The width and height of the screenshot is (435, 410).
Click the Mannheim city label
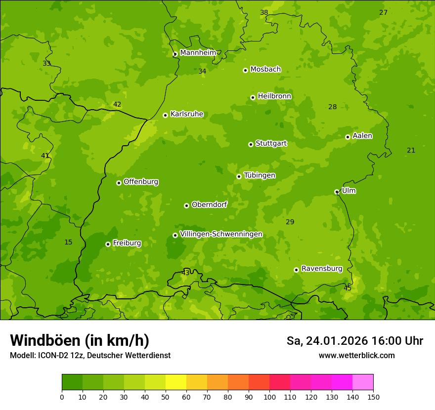(198, 53)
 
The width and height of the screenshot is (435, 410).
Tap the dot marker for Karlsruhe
(165, 115)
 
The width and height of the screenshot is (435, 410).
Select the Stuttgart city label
(271, 143)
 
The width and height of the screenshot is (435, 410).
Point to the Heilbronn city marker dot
(253, 97)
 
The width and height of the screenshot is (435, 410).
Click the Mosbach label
(265, 70)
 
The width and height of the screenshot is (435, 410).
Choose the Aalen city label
(362, 136)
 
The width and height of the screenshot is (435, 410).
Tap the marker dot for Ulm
(337, 192)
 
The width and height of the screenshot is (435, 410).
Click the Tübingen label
(260, 175)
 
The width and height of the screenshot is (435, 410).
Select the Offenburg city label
(141, 182)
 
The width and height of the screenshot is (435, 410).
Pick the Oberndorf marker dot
(186, 205)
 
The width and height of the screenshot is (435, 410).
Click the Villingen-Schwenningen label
(221, 234)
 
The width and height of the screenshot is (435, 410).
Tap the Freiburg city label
(127, 243)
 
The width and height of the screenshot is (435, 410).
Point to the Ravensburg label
(322, 269)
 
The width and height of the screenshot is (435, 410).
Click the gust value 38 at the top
(264, 12)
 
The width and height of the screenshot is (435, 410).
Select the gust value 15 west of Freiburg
(68, 242)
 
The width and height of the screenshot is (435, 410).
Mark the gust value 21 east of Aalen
(411, 150)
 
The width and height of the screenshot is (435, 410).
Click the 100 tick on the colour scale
(269, 397)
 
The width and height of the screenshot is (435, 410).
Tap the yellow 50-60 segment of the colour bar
(176, 382)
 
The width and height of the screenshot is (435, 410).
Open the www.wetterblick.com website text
(356, 355)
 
